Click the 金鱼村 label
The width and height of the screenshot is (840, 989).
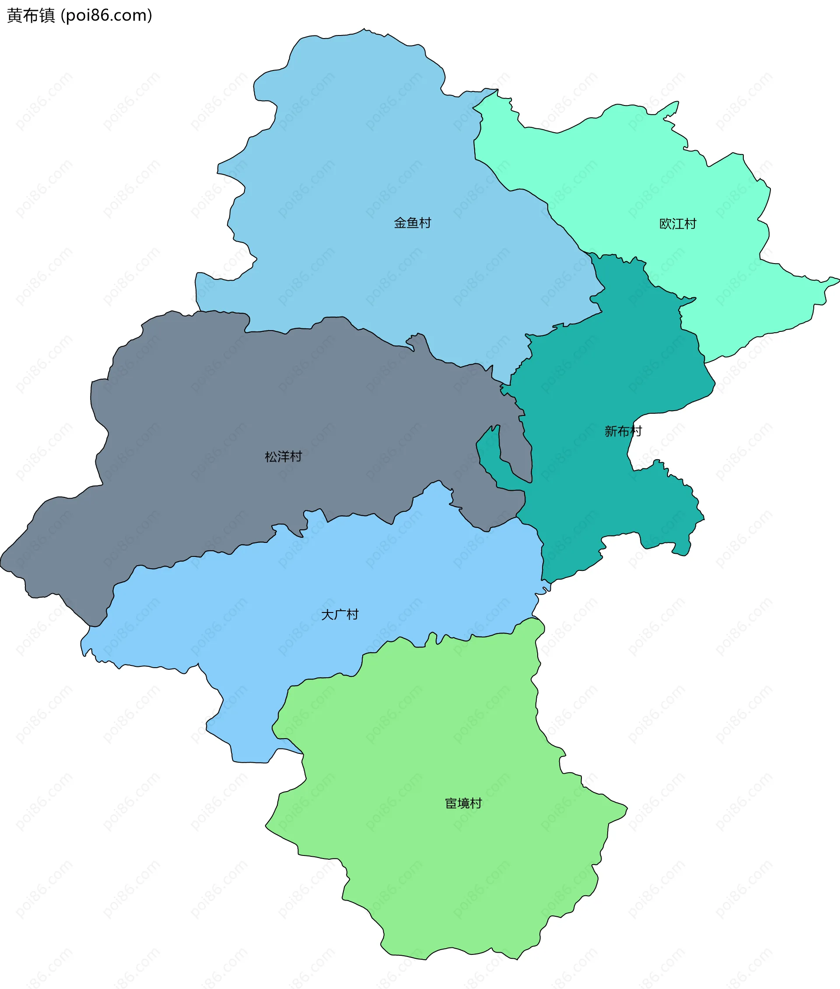413,223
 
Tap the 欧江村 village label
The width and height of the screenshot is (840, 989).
678,224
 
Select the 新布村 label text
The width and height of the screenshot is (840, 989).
623,432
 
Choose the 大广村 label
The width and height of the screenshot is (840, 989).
339,615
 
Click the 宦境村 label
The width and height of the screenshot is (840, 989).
463,803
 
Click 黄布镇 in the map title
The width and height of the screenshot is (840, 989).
31,16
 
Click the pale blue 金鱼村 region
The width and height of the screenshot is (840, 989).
357,167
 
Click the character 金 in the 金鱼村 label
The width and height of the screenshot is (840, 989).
400,223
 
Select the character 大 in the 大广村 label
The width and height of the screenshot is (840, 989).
327,615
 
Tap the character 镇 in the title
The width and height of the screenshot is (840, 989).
47,16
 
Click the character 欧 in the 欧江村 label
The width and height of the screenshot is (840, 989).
665,224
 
